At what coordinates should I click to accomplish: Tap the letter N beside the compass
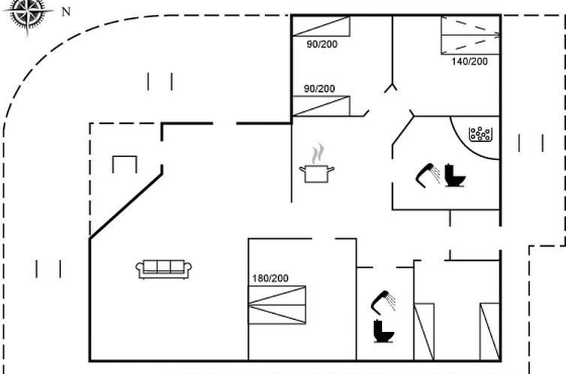tap(66, 12)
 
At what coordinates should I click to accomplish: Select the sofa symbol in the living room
tap(164, 270)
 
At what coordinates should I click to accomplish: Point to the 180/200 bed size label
tap(270, 279)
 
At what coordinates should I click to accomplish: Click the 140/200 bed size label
tap(469, 62)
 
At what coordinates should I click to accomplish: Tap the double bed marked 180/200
tap(277, 305)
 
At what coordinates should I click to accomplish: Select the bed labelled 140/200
tap(471, 35)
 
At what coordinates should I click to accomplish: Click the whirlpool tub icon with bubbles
tap(480, 134)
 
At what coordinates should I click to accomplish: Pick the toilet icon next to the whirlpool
tap(454, 176)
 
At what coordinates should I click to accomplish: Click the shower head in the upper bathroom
tap(428, 175)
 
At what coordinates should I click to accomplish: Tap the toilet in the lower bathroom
tap(384, 331)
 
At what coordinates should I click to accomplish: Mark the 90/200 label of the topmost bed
tap(322, 44)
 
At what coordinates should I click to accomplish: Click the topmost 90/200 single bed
tap(321, 26)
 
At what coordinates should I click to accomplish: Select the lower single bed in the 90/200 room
tap(321, 106)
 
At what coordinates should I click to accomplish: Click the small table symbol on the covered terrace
tap(125, 164)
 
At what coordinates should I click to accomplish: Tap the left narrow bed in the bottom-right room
tap(424, 332)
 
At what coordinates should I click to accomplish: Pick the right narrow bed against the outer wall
tap(490, 332)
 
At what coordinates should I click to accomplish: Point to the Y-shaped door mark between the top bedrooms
tap(390, 88)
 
